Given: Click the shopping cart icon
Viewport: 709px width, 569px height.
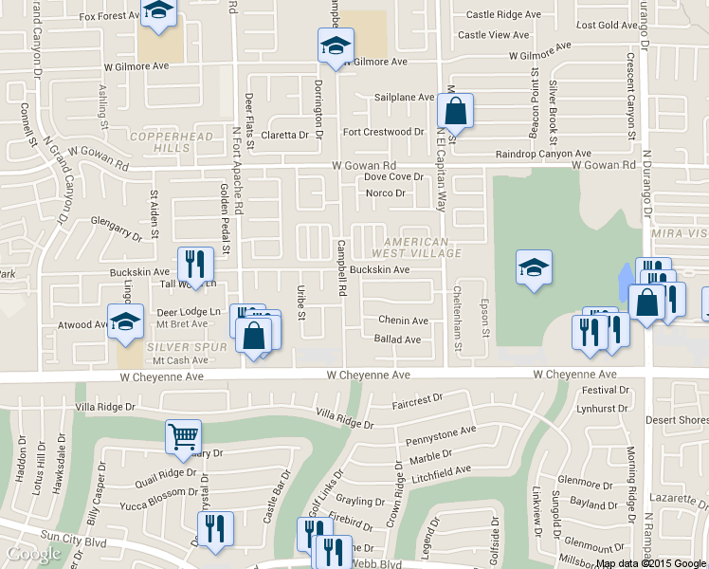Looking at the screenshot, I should coord(183,436).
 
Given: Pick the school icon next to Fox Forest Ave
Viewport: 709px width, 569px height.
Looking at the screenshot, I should coord(158,10).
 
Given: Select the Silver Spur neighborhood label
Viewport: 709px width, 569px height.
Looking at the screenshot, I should coord(188,348).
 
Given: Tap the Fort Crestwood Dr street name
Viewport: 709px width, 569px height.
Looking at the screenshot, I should coord(383,132).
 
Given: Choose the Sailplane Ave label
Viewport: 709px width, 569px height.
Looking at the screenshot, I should coord(404,97).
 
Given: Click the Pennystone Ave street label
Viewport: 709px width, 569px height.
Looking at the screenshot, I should coord(441,432).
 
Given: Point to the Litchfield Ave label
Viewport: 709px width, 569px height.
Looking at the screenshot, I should coord(442,470).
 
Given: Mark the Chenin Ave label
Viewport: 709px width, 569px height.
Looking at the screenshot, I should coord(403,320).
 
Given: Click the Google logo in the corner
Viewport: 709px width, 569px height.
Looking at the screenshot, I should coord(34,554).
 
